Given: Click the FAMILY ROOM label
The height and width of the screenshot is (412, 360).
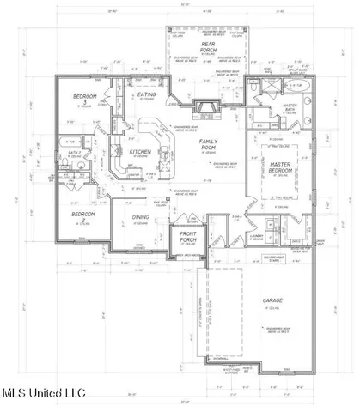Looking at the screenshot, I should point(207,142).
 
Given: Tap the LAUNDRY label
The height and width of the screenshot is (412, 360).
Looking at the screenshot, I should point(256,237).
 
